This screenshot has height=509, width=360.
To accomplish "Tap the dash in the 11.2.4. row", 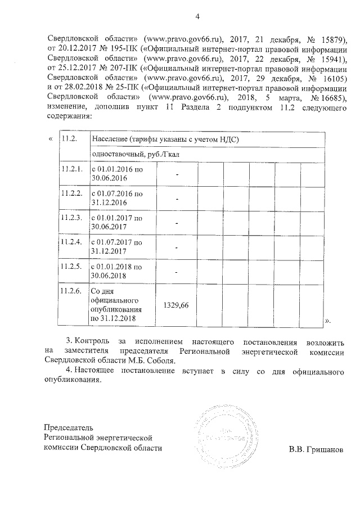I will coord(176,247).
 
